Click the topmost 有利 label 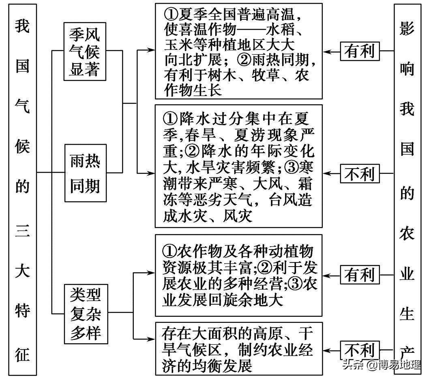pos(359,51)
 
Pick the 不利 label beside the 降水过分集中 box pos(359,174)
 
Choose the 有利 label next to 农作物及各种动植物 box pos(359,275)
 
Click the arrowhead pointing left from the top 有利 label pos(327,51)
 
